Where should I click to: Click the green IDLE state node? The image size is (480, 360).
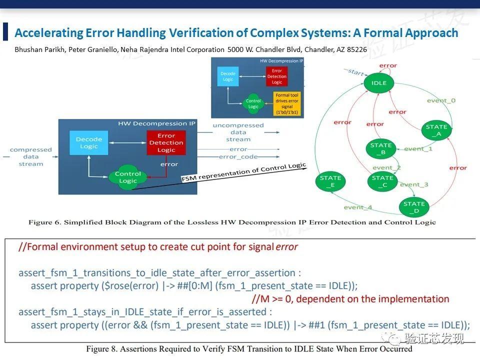(379, 83)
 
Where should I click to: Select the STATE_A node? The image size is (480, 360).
(436, 130)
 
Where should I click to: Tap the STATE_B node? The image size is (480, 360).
(381, 149)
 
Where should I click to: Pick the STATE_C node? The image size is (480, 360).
(382, 181)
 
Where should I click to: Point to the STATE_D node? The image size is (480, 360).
(414, 207)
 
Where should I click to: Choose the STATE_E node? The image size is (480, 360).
(330, 181)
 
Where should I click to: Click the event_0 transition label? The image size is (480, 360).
(441, 100)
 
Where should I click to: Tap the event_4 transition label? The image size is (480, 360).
(358, 207)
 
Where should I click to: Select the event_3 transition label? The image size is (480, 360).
(414, 184)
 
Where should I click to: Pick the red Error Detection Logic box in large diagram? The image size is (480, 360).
(166, 143)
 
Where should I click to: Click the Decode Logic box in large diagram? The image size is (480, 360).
(89, 143)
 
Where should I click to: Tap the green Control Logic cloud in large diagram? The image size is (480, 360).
(128, 177)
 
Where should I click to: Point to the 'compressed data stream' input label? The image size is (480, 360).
(31, 156)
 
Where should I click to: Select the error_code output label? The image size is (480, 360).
(238, 157)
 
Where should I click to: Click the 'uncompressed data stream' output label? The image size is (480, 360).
(238, 132)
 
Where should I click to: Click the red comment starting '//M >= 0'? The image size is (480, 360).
(350, 299)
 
